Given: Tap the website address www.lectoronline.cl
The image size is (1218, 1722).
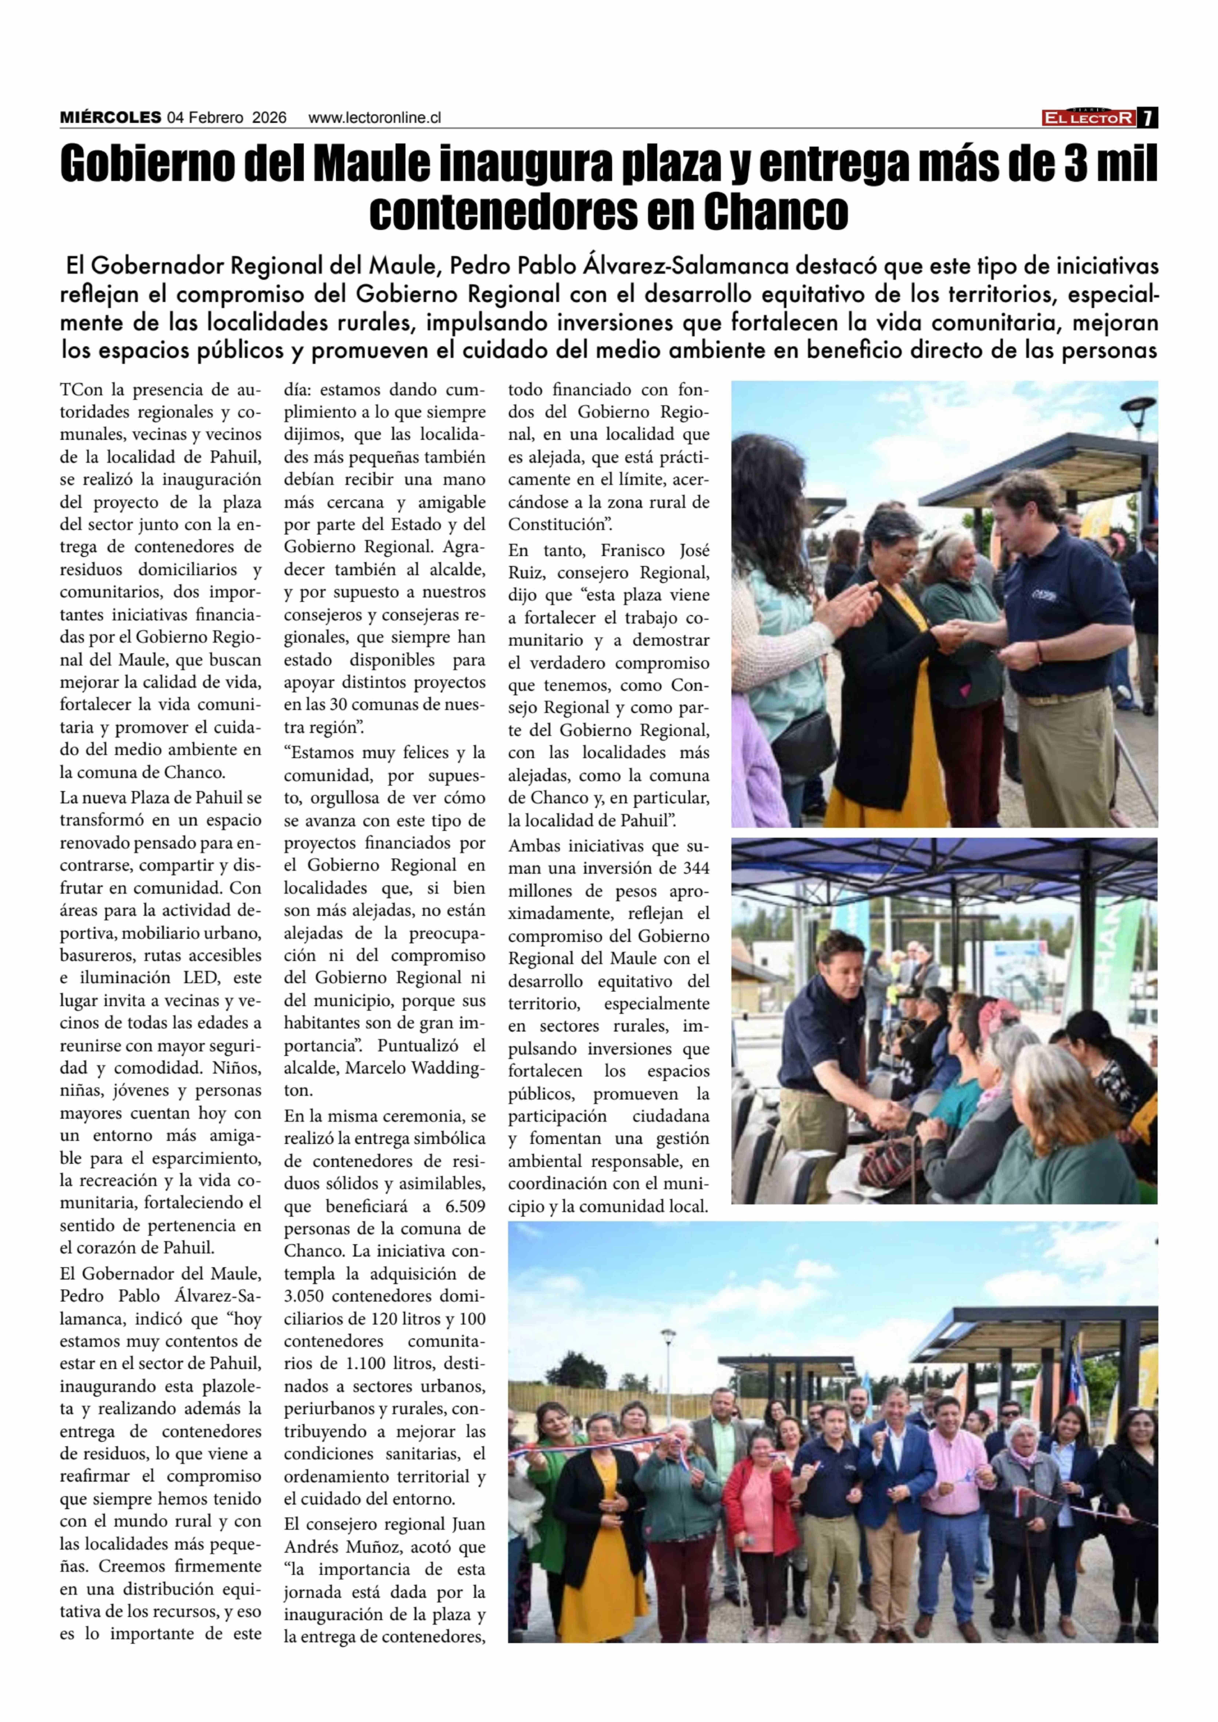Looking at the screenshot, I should (374, 118).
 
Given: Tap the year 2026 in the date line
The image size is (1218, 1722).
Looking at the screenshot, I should (269, 118).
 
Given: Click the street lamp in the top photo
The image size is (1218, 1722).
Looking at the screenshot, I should (1138, 411).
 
